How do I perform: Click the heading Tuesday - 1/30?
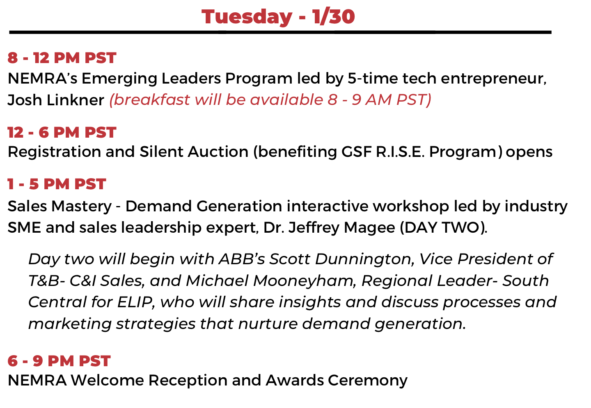pyautogui.click(x=278, y=17)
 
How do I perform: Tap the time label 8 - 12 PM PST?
pyautogui.click(x=62, y=58)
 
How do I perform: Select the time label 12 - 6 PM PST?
pyautogui.click(x=62, y=132)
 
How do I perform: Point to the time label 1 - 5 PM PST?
pyautogui.click(x=57, y=184)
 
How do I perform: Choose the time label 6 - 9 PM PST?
pyautogui.click(x=59, y=360)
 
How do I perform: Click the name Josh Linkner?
pyautogui.click(x=56, y=100)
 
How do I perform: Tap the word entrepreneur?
pyautogui.click(x=494, y=79)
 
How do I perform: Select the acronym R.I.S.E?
pyautogui.click(x=400, y=152)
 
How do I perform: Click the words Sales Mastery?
pyautogui.click(x=60, y=206)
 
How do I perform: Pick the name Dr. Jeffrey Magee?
pyautogui.click(x=329, y=228)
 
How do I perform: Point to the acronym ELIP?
pyautogui.click(x=136, y=302)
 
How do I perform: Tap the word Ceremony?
pyautogui.click(x=368, y=381)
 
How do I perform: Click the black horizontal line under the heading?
pyautogui.click(x=280, y=32)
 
